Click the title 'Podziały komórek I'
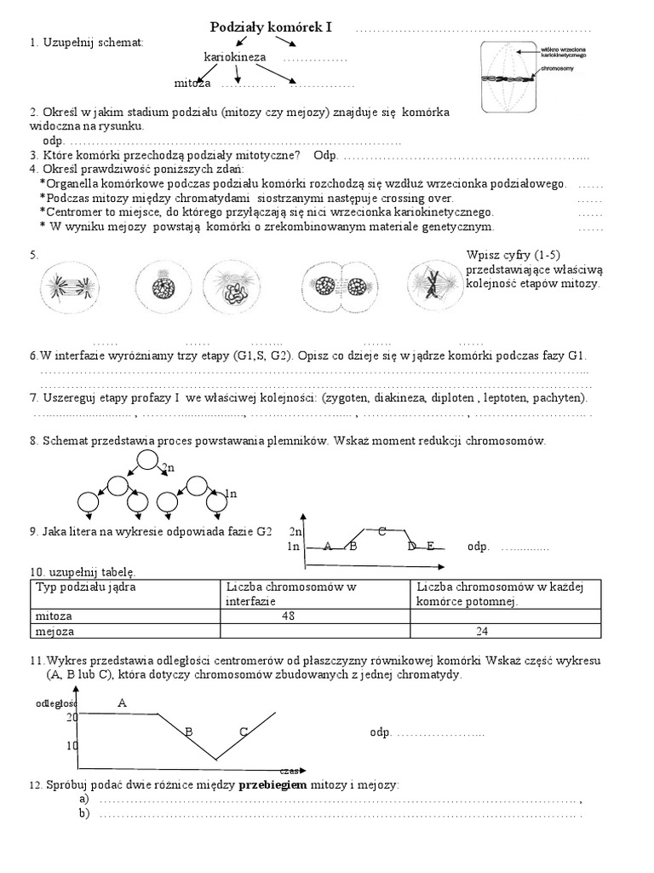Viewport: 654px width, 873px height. (270, 28)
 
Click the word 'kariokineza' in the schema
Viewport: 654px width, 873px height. (235, 57)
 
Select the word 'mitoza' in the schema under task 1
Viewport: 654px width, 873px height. (192, 84)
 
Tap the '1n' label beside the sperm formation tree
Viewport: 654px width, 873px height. (230, 493)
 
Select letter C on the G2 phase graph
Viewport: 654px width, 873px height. (382, 531)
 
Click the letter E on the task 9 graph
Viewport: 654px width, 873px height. (431, 546)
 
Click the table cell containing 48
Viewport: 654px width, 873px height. (280, 616)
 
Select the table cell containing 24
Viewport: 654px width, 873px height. (482, 632)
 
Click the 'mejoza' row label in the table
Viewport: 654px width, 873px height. (53, 632)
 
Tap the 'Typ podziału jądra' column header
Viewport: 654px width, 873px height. (85, 587)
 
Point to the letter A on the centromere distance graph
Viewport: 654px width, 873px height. (122, 702)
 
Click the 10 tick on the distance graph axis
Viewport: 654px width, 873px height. (72, 745)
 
